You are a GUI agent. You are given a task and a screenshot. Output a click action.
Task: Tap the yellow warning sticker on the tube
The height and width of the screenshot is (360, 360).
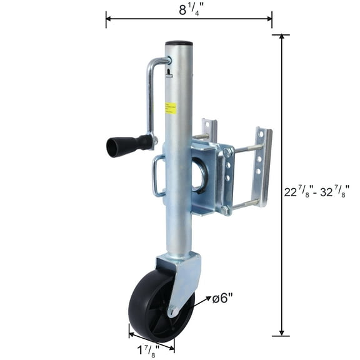pyautogui.click(x=171, y=108)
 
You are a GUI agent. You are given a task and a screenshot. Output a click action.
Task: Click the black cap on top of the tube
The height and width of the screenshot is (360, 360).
pyautogui.click(x=179, y=44)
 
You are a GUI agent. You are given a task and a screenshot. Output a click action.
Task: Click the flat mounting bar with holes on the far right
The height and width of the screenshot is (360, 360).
pyautogui.click(x=264, y=166)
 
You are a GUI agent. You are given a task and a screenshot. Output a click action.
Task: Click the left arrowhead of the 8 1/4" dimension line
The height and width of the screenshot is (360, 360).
pyautogui.click(x=109, y=19)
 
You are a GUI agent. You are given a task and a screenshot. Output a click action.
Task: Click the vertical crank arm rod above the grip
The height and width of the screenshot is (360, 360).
pyautogui.click(x=149, y=97)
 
